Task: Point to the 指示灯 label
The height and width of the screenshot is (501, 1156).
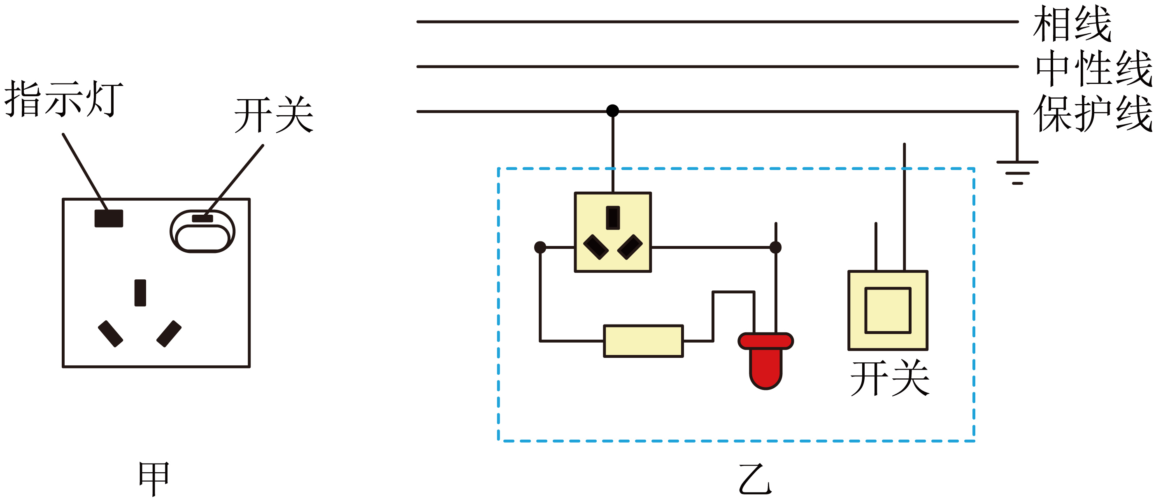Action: pos(64,99)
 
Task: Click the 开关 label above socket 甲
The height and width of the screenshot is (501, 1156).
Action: pos(274,115)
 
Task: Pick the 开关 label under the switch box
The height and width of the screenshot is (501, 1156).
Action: pos(890,378)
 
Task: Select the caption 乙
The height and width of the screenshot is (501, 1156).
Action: pos(755,479)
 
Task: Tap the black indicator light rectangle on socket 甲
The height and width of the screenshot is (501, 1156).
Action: pos(109,218)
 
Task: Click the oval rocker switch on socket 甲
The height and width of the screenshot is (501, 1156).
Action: pos(202,232)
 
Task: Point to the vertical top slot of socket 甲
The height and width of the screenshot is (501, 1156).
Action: pos(140,293)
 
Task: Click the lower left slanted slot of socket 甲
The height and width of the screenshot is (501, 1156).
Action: pos(110,334)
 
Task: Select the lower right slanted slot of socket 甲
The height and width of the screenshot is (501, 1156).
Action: pos(169,334)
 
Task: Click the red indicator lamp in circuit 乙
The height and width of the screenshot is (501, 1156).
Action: pos(766,361)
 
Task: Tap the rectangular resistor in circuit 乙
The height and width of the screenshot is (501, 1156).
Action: pos(644,341)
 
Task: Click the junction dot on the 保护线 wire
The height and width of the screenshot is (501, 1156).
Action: pos(612,111)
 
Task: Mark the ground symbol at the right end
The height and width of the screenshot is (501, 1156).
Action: pos(1017,173)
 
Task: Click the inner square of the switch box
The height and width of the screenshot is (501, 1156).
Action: pos(888,311)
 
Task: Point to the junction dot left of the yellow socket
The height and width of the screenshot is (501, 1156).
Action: pos(540,247)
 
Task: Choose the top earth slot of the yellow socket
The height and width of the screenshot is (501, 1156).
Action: pos(613,218)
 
